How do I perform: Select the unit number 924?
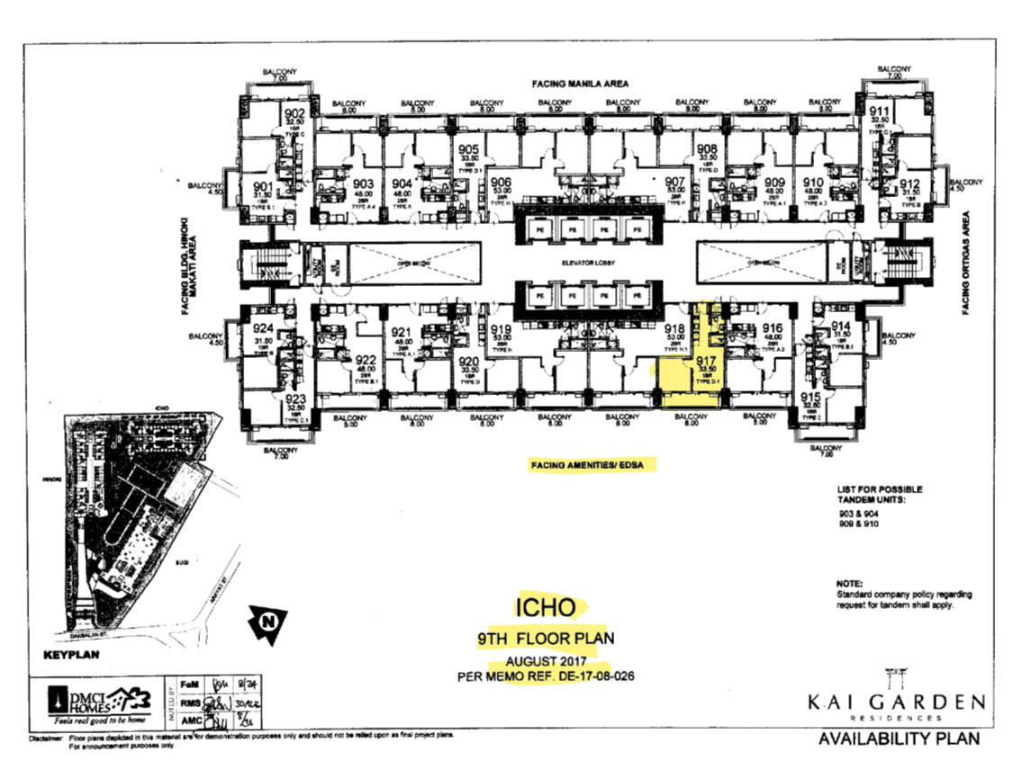(x=263, y=328)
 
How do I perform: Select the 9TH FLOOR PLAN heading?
(x=545, y=640)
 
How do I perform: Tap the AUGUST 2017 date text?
(x=547, y=661)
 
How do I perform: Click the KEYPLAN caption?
(x=73, y=655)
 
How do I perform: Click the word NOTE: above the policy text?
(x=849, y=584)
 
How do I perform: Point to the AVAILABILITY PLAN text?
(x=896, y=739)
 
